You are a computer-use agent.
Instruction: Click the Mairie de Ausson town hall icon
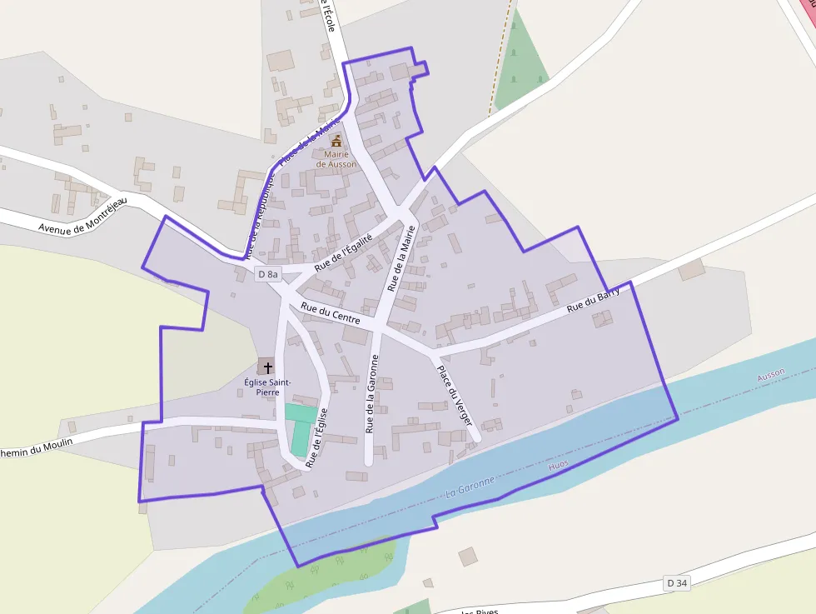tap(336, 140)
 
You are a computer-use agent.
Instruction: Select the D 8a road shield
tap(268, 274)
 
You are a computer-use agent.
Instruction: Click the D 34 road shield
tap(677, 583)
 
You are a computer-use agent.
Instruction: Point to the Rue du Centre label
tap(331, 313)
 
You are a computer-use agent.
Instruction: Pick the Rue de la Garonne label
tap(372, 393)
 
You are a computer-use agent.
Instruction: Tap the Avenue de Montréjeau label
tap(82, 216)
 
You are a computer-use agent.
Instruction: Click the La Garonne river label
tap(470, 486)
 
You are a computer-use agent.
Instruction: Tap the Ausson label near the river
tap(770, 376)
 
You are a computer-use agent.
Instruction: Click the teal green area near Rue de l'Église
tap(300, 426)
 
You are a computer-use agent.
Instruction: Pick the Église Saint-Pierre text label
tap(267, 387)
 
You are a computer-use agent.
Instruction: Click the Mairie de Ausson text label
tap(336, 159)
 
